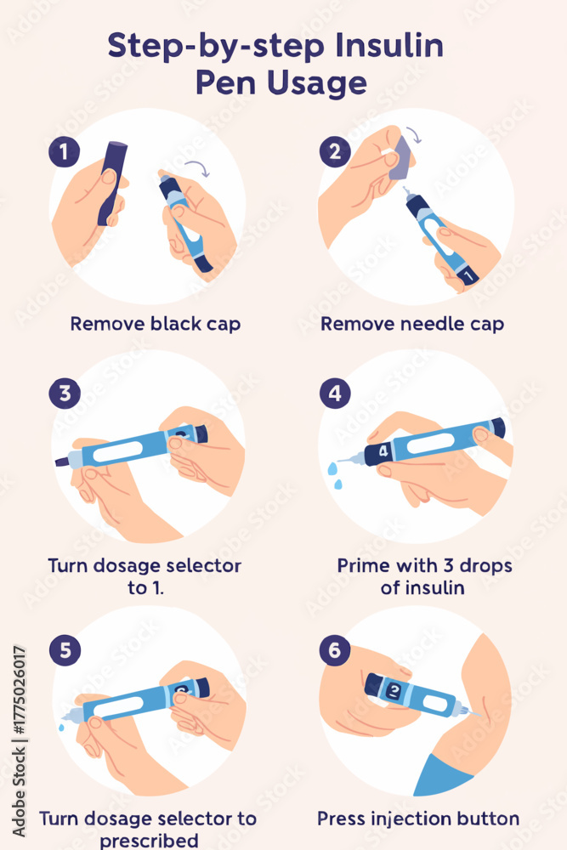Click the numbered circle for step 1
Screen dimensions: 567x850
point(64,151)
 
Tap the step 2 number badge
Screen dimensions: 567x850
point(335,151)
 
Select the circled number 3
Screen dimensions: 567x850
point(65,393)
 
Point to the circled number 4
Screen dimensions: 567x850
point(335,393)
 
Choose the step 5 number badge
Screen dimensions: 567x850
point(65,650)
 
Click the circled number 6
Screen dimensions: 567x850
point(334,649)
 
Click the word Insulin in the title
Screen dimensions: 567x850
point(389,45)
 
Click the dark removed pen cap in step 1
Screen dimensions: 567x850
point(112,184)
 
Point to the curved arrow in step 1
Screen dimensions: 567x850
point(198,167)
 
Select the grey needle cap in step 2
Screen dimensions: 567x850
point(401,158)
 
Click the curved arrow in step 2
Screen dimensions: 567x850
point(414,134)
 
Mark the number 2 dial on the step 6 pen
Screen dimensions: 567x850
point(395,690)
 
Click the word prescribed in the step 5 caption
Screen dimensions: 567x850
point(149,841)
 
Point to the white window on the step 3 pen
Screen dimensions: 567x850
point(117,451)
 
